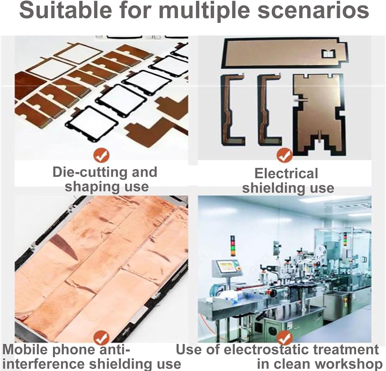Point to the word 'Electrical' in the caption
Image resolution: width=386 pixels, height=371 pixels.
click(x=286, y=174)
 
